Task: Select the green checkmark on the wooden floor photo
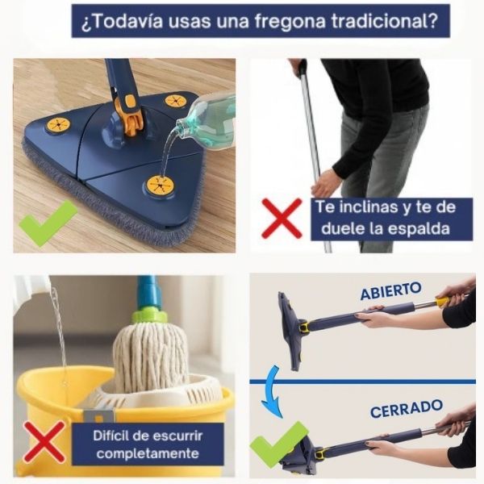[48, 223]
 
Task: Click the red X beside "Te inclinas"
[282, 219]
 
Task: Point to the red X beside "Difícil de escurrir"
[44, 441]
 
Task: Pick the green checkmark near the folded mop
[279, 444]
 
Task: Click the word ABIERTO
[390, 290]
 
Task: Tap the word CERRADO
[407, 408]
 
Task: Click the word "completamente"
[148, 453]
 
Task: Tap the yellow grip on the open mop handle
[443, 301]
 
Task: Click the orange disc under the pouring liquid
[160, 186]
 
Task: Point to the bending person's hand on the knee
[325, 185]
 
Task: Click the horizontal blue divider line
[362, 382]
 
